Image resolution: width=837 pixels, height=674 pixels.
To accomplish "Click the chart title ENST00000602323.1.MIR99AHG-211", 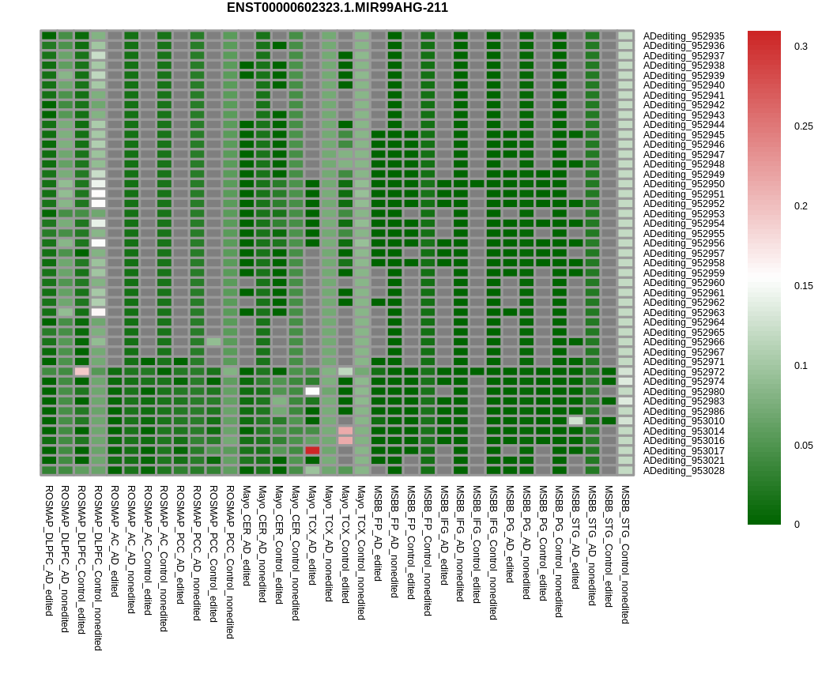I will pos(337,8).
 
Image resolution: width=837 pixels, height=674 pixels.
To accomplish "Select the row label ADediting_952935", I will pos(683,36).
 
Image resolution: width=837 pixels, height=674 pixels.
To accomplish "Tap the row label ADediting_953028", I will pos(683,470).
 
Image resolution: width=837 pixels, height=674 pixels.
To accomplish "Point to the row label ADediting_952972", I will pos(683,371).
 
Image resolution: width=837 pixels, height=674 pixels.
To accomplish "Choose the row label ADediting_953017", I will pos(683,450).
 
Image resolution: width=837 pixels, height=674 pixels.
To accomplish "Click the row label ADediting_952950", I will pos(683,184).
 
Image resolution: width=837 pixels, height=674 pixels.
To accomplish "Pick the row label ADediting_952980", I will pos(683,391).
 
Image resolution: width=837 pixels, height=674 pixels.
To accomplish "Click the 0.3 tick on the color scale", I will pos(801,47).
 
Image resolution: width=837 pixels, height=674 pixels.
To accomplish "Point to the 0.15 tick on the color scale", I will pos(803,286).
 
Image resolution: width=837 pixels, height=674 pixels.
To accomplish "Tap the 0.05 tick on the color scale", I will pos(803,445).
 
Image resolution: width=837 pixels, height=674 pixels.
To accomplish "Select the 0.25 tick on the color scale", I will pos(803,126).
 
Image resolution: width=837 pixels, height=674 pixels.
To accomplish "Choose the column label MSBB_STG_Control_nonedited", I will pos(625,555).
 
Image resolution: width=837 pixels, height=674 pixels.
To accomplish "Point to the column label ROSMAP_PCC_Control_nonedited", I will pos(230,562).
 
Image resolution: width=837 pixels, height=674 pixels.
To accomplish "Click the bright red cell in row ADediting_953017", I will pos(312,450).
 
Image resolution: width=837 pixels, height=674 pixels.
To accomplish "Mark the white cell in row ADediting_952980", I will pos(312,391).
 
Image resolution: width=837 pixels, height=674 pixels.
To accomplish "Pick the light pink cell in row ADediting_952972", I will pos(81,371).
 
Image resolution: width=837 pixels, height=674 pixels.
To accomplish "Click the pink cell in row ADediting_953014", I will pos(345,431).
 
